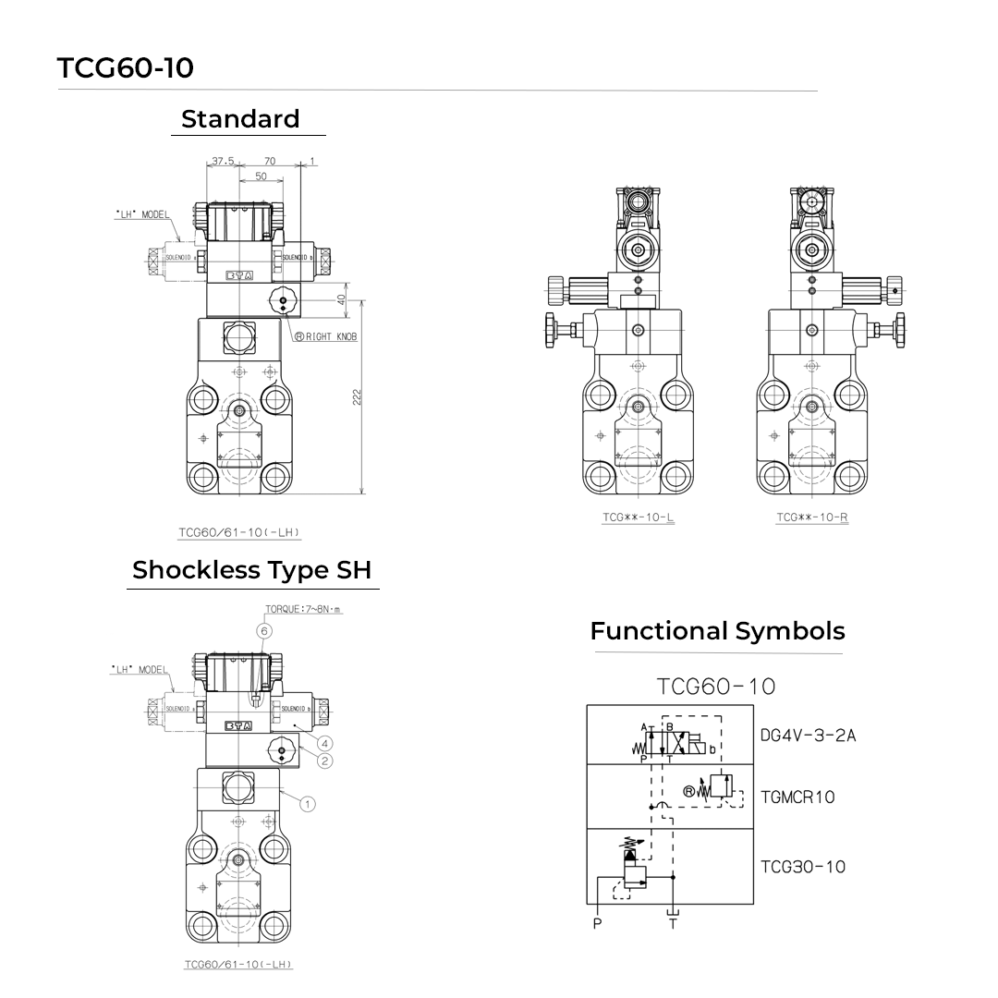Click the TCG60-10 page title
click(x=126, y=68)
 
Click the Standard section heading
click(x=240, y=119)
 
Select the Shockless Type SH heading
click(x=254, y=570)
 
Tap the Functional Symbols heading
click(x=717, y=631)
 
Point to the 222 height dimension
click(x=357, y=396)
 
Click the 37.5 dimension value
click(x=223, y=161)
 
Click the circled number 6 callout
click(x=264, y=630)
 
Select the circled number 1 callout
click(x=308, y=804)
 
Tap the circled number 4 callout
click(x=324, y=743)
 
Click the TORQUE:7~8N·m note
click(x=303, y=610)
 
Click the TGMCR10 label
click(x=797, y=797)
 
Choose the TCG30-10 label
click(x=803, y=867)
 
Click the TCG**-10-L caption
click(x=639, y=517)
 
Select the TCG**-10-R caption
click(x=812, y=517)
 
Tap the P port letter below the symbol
click(x=597, y=924)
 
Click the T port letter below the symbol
click(x=673, y=924)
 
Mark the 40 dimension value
click(x=341, y=300)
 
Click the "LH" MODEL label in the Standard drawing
click(x=141, y=214)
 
